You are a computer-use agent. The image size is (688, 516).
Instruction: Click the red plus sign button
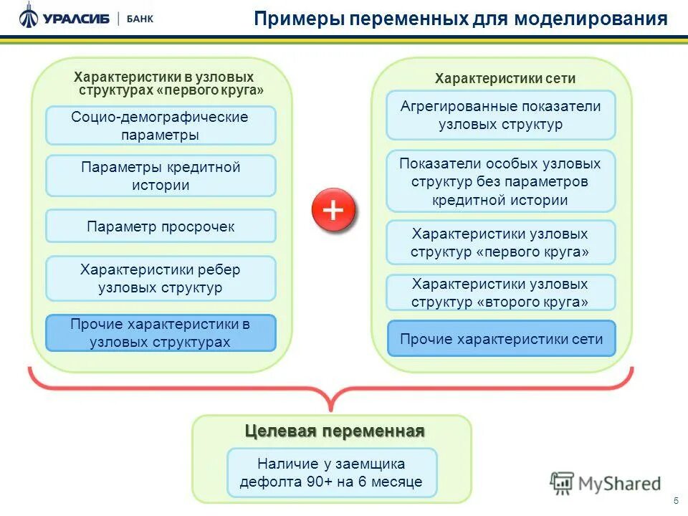[x=333, y=211]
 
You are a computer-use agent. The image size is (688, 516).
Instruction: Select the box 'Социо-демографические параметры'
[x=161, y=125]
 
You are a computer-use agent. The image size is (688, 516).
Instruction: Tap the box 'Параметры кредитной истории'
[x=161, y=176]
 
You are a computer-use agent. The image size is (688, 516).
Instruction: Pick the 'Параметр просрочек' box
[x=161, y=226]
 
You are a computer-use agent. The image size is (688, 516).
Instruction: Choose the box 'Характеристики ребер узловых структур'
[x=161, y=278]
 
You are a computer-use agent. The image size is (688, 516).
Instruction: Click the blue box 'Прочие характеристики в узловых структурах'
[x=161, y=333]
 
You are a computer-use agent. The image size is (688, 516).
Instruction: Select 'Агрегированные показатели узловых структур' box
[x=500, y=115]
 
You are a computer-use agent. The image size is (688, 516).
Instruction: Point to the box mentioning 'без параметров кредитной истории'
[x=500, y=181]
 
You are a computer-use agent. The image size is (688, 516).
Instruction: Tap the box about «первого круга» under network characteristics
[x=500, y=242]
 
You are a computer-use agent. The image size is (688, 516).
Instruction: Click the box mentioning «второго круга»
[x=500, y=292]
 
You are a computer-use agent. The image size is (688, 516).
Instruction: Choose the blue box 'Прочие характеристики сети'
[x=501, y=339]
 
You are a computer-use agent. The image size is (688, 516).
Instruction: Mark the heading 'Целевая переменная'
[x=335, y=431]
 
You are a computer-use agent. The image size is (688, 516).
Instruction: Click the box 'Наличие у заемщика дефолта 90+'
[x=331, y=472]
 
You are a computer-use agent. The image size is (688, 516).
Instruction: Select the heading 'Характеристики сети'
[x=505, y=79]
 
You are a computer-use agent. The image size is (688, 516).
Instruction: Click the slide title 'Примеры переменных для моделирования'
[x=461, y=19]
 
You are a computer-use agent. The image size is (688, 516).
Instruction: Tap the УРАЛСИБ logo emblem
[x=29, y=15]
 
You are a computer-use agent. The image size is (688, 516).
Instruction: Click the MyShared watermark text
[x=619, y=484]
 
